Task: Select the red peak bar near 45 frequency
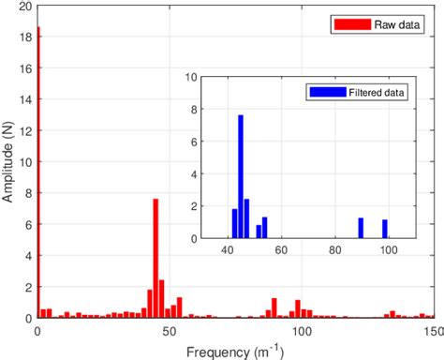coord(155,258)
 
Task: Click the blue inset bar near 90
coord(361,230)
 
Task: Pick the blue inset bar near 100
coord(385,231)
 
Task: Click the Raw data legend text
coord(381,24)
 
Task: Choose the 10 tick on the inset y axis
coord(190,77)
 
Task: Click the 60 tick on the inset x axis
coord(281,251)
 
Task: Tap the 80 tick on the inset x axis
coord(334,251)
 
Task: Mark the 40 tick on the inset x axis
coord(228,251)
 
